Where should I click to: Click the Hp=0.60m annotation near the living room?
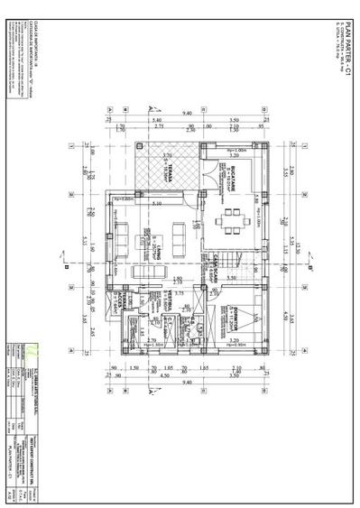coord(125,198)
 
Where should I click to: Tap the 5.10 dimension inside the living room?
coord(156,204)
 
